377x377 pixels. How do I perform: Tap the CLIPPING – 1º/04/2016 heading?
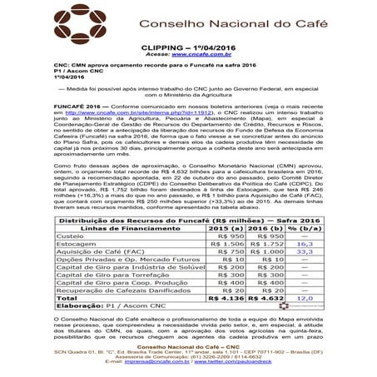pos(188,49)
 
